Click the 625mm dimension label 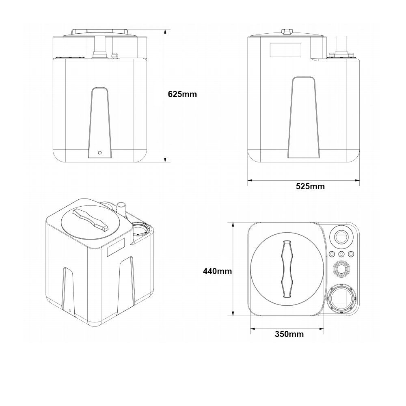(x=182, y=94)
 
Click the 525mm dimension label (x=310, y=186)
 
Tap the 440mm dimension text (x=217, y=271)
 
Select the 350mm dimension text (x=289, y=334)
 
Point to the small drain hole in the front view (x=100, y=153)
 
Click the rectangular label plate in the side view (x=285, y=50)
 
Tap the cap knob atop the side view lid (x=287, y=32)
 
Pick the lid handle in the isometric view (x=90, y=219)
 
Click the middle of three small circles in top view (x=341, y=254)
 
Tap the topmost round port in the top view (x=341, y=235)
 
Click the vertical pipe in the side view (x=340, y=44)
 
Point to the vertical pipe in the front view (x=99, y=45)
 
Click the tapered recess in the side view (x=304, y=118)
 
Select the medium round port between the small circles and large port (x=341, y=268)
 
